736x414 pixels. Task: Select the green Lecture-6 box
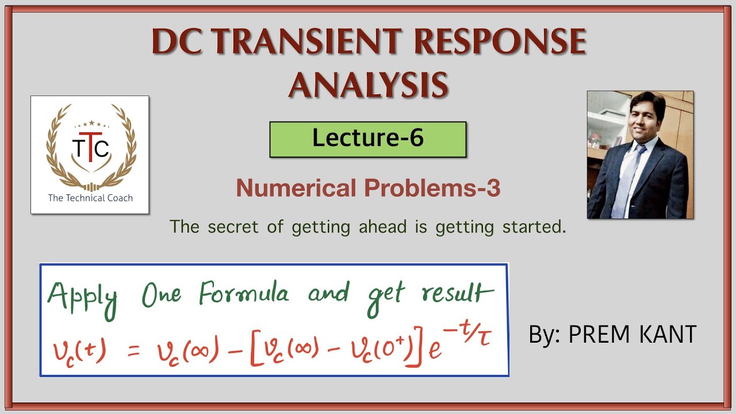click(x=368, y=139)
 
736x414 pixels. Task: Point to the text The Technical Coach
click(x=90, y=198)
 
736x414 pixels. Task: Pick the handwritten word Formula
click(x=244, y=294)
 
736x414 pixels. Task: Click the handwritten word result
click(x=458, y=294)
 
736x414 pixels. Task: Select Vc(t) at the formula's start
click(x=78, y=349)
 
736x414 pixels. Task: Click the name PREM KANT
click(x=632, y=335)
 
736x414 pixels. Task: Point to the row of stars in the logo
click(x=91, y=124)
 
